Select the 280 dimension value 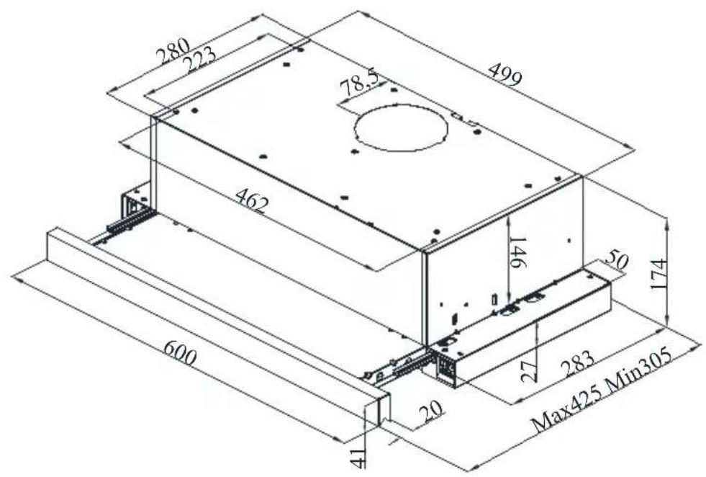click(173, 53)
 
